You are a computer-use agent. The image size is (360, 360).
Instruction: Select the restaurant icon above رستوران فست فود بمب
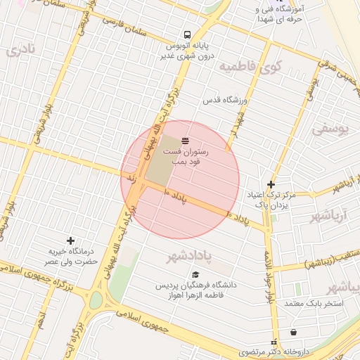tap(185, 141)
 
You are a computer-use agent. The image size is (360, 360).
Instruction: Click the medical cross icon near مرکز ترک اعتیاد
tap(271, 184)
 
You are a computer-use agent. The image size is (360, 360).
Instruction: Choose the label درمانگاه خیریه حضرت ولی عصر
tap(70, 256)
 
